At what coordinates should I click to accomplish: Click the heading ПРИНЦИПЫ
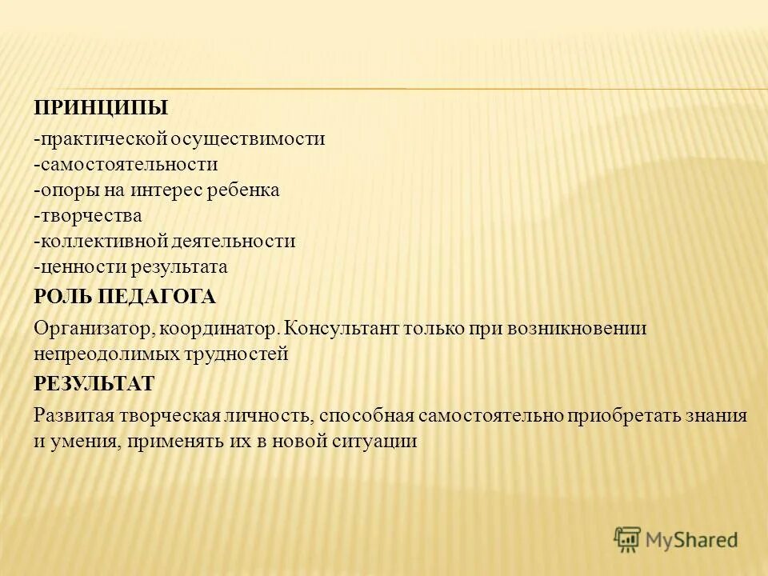point(101,107)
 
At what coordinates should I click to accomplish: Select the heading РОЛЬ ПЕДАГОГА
point(125,297)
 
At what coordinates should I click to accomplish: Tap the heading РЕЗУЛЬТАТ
point(94,383)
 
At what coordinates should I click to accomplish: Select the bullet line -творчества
point(88,215)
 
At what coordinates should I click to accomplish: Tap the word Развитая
point(74,416)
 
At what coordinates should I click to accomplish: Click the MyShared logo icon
point(629,538)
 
